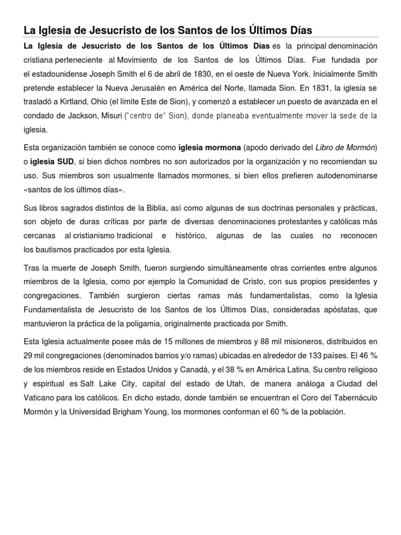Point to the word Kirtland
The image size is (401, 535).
click(x=77, y=101)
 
